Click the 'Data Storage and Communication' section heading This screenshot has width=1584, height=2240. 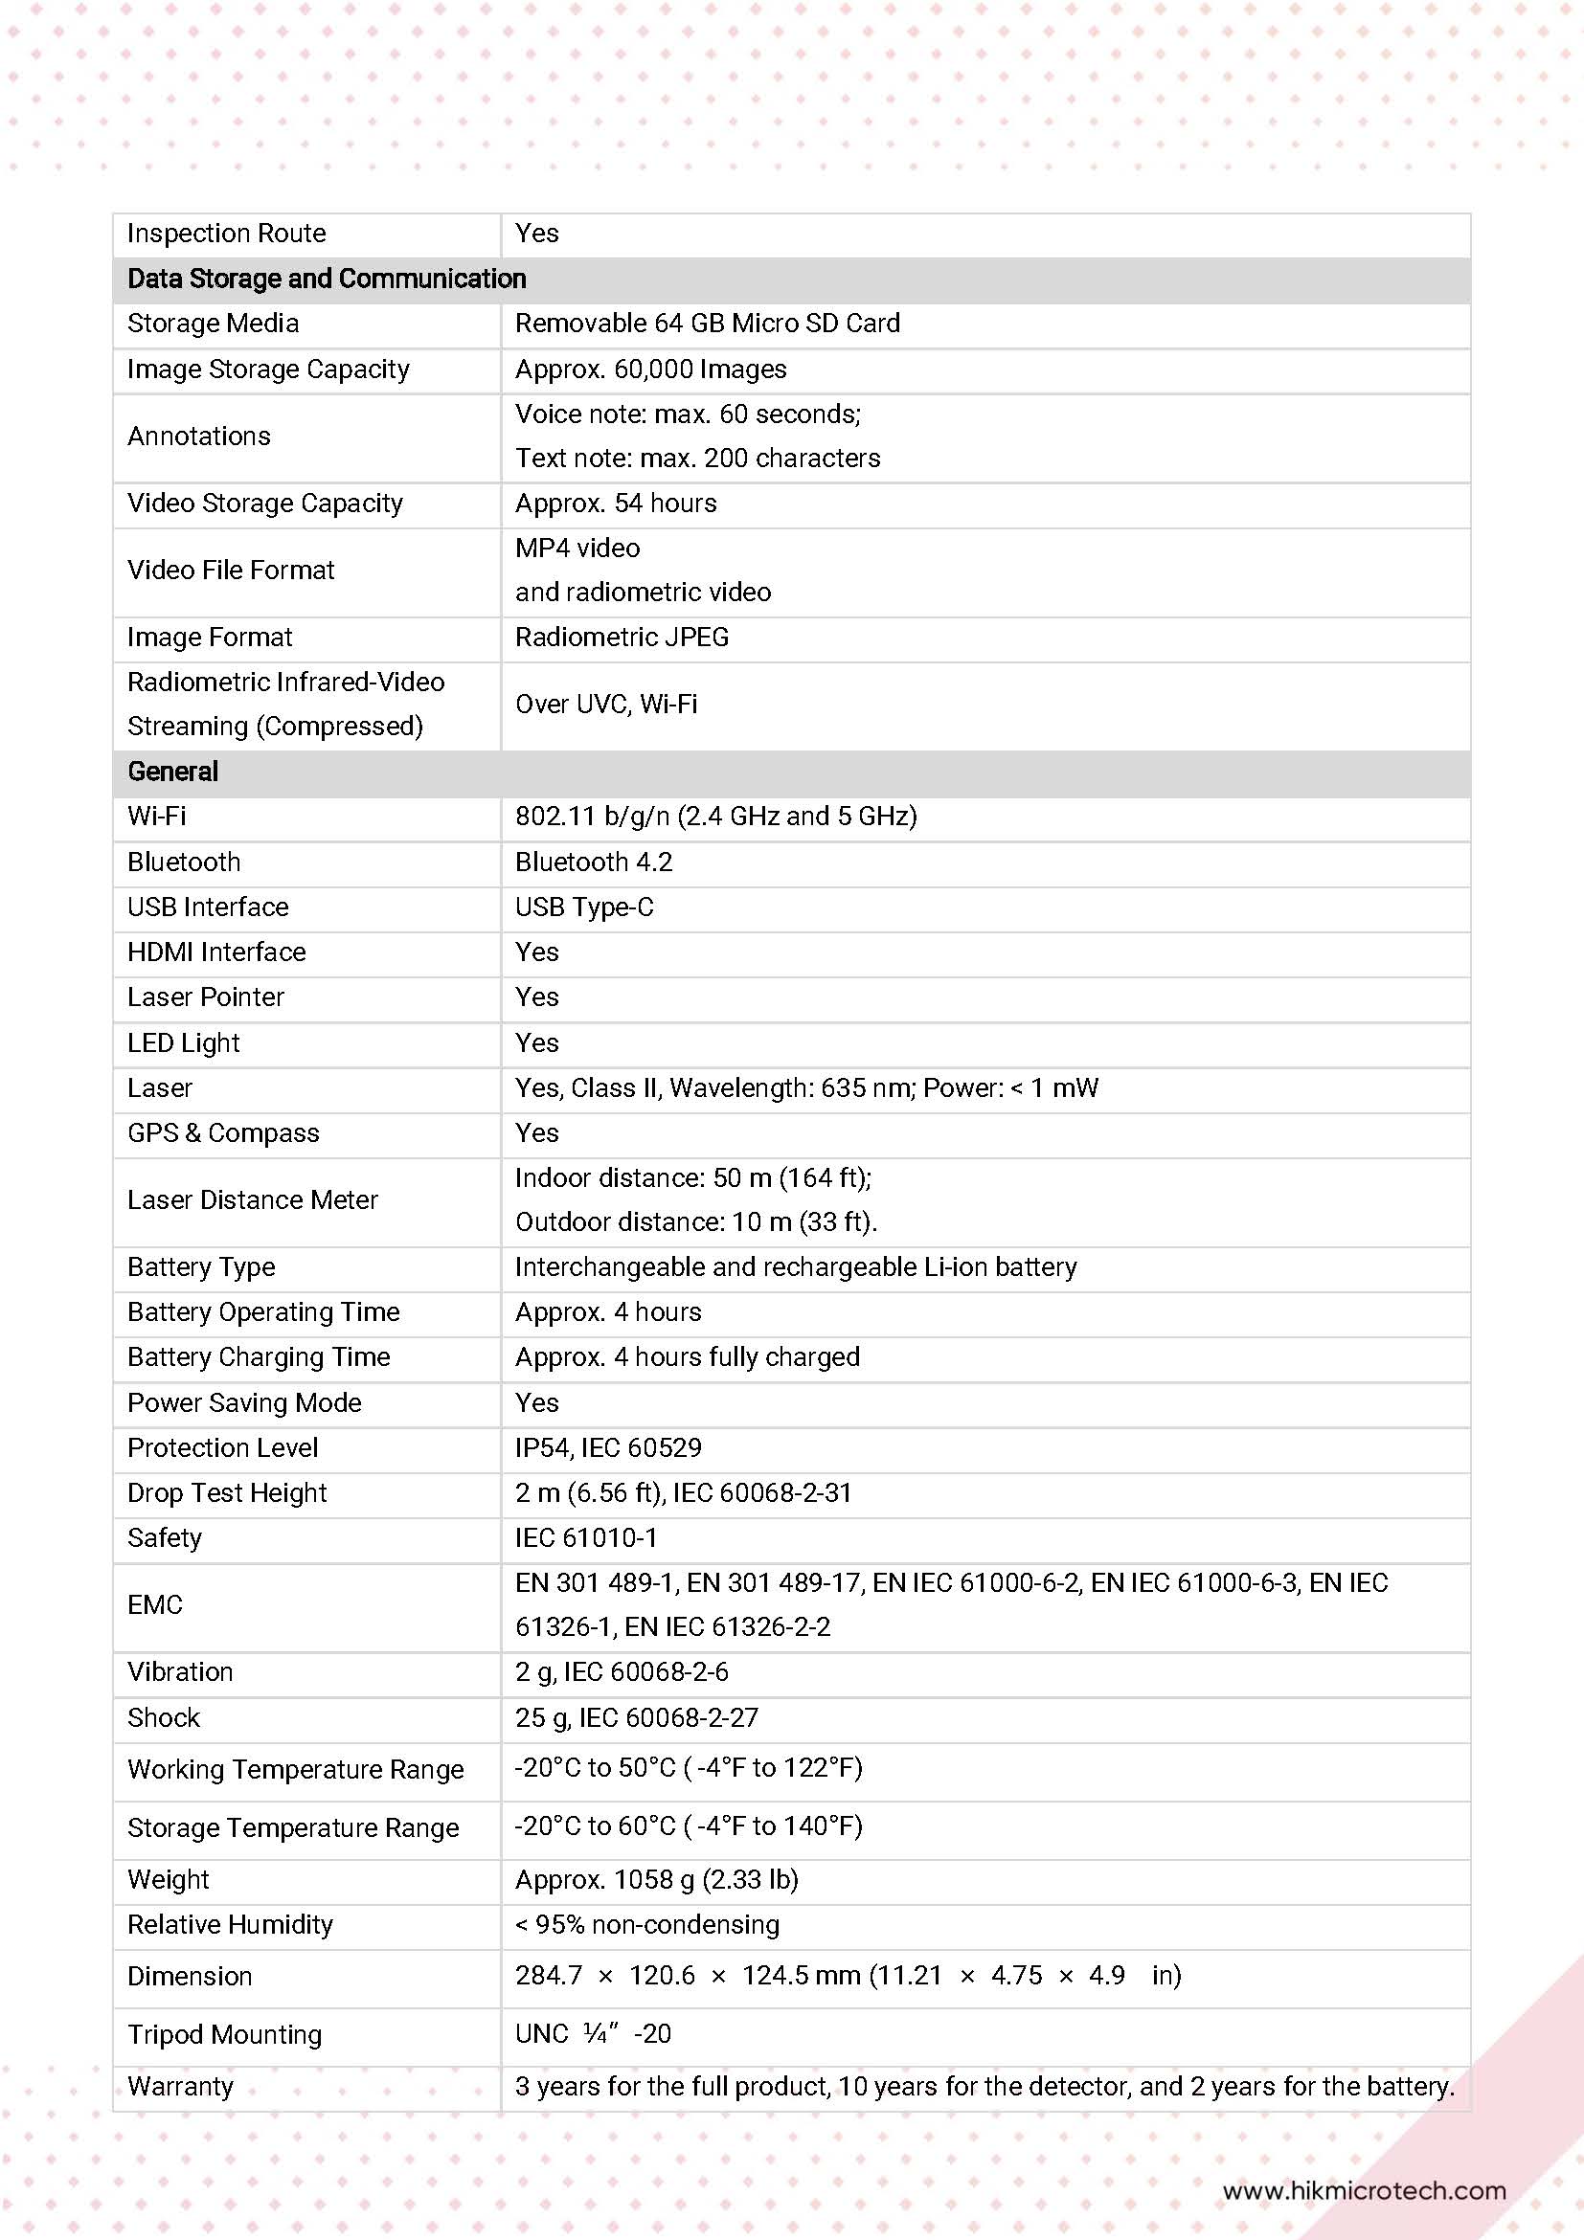coord(326,279)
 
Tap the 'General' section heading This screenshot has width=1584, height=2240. coord(172,772)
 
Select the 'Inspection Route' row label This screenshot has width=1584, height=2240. coord(226,234)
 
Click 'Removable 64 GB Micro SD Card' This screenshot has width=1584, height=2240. coord(708,324)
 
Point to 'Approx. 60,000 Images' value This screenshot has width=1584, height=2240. coord(651,370)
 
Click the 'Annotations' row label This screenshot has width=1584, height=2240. coord(199,437)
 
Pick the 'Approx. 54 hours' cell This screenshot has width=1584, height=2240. coord(616,504)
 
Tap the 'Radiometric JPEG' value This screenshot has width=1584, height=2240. coord(622,638)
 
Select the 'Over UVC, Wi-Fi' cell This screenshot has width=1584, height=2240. coord(606,705)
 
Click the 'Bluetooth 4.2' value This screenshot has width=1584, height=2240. coord(594,862)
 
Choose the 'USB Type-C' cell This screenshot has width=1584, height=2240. coord(583,907)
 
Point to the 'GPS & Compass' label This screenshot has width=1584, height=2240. coord(223,1133)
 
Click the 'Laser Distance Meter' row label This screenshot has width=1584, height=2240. coord(253,1200)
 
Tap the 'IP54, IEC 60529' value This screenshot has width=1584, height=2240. coord(608,1447)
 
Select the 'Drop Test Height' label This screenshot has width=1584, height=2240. coord(227,1493)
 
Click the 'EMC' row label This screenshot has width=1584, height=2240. coord(155,1605)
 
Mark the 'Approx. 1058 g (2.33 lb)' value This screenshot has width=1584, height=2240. coord(657,1880)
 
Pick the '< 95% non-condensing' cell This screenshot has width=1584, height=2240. coord(647,1925)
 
